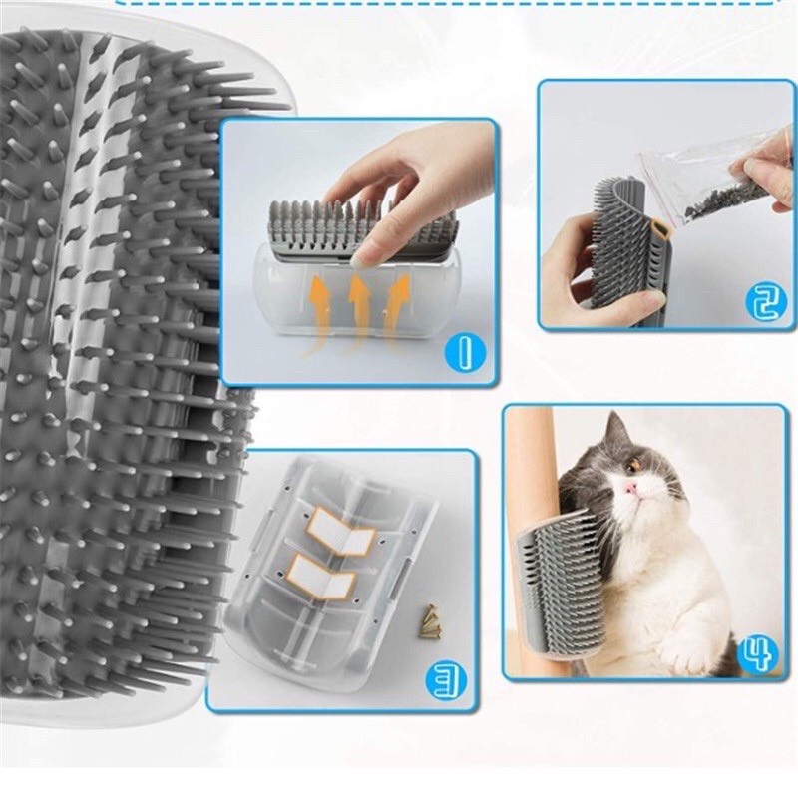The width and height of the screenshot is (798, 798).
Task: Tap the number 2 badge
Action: coord(763,299)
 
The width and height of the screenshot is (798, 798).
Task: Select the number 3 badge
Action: coord(447,681)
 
